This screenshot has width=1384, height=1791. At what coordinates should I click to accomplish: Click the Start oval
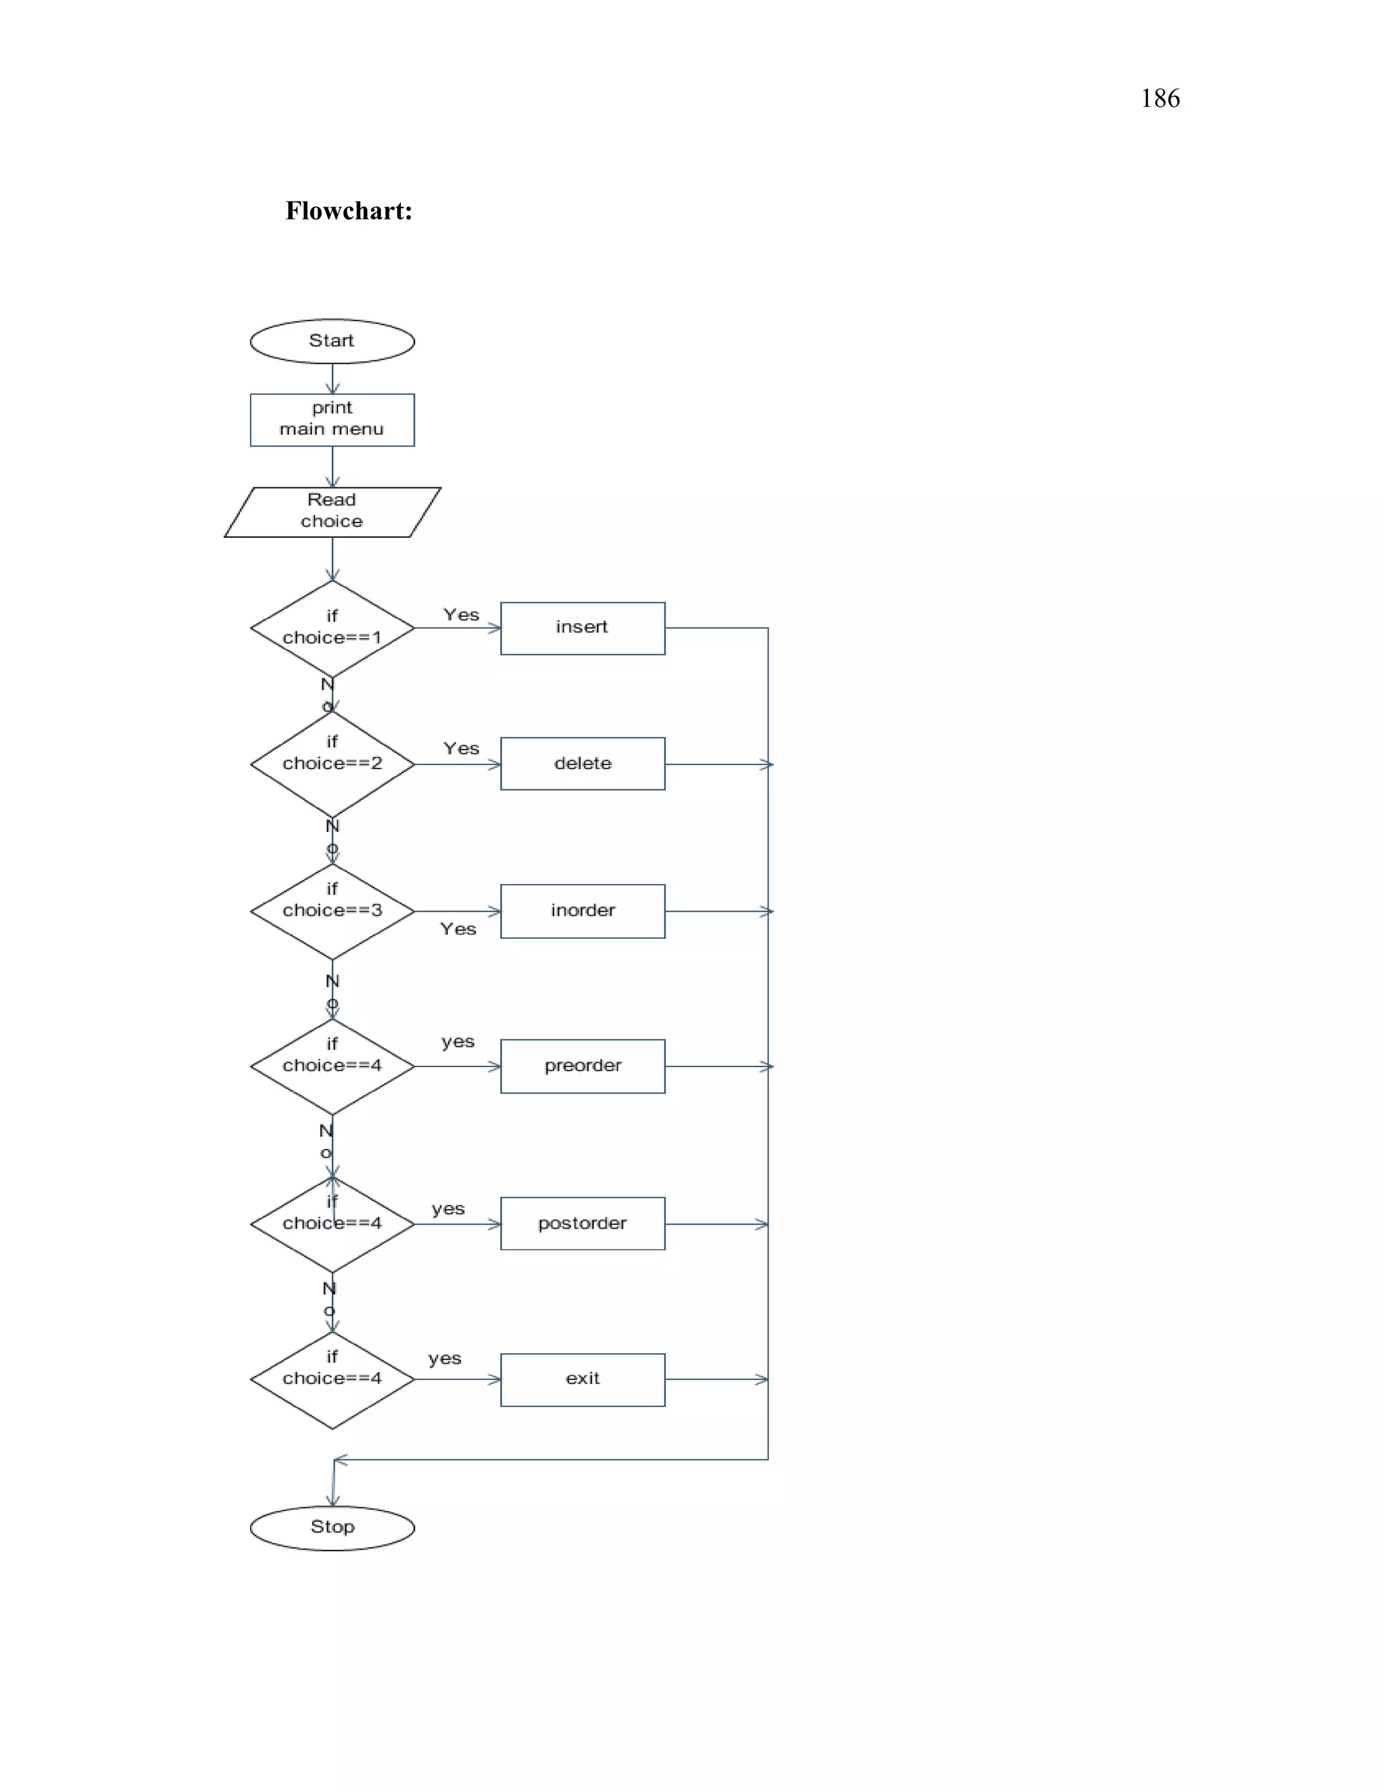[332, 341]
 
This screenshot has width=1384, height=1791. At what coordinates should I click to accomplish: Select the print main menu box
[332, 419]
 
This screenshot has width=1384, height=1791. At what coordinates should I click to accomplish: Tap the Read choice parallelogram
[332, 512]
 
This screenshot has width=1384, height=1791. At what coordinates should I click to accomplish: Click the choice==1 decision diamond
[332, 628]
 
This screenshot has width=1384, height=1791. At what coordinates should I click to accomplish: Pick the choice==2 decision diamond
[332, 764]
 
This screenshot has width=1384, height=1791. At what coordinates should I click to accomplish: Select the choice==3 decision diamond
[332, 910]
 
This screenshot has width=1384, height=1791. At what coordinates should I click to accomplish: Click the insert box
[582, 628]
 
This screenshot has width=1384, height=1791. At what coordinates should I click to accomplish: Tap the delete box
[582, 764]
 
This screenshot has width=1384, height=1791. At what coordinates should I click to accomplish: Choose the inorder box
[582, 910]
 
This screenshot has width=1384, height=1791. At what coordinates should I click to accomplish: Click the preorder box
[582, 1065]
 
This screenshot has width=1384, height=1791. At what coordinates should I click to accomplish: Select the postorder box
[582, 1223]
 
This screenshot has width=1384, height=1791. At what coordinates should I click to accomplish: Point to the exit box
[582, 1379]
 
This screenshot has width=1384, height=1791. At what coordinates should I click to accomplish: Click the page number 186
[1160, 99]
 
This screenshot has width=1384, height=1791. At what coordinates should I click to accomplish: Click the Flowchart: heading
[349, 211]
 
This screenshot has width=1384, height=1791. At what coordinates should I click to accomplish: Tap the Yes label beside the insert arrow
[461, 615]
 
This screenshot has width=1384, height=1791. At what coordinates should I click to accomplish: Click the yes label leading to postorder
[447, 1209]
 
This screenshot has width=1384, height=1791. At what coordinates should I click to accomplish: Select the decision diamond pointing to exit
[332, 1379]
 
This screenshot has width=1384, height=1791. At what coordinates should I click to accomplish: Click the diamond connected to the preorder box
[332, 1065]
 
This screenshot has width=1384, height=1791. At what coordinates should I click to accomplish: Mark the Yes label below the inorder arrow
[458, 929]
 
